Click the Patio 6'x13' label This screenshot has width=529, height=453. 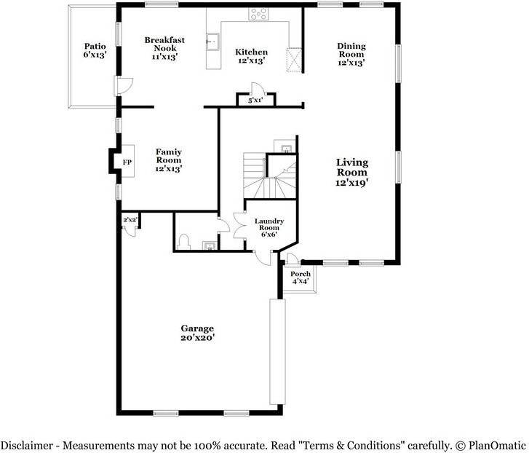point(95,50)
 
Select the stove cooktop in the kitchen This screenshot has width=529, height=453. point(258,14)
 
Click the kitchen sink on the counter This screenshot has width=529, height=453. point(212,42)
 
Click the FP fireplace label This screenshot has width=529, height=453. point(127,162)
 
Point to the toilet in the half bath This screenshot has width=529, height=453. point(183,242)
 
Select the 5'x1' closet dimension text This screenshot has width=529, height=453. point(255,101)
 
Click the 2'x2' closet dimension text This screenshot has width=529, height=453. point(130,220)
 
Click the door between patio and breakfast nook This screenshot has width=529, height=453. point(124,86)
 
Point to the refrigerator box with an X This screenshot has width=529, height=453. point(294,60)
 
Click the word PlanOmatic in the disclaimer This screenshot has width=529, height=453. point(497,445)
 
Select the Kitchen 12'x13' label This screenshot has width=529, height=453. point(251,56)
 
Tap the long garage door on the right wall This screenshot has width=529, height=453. point(277,351)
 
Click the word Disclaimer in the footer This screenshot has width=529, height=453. point(27,445)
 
